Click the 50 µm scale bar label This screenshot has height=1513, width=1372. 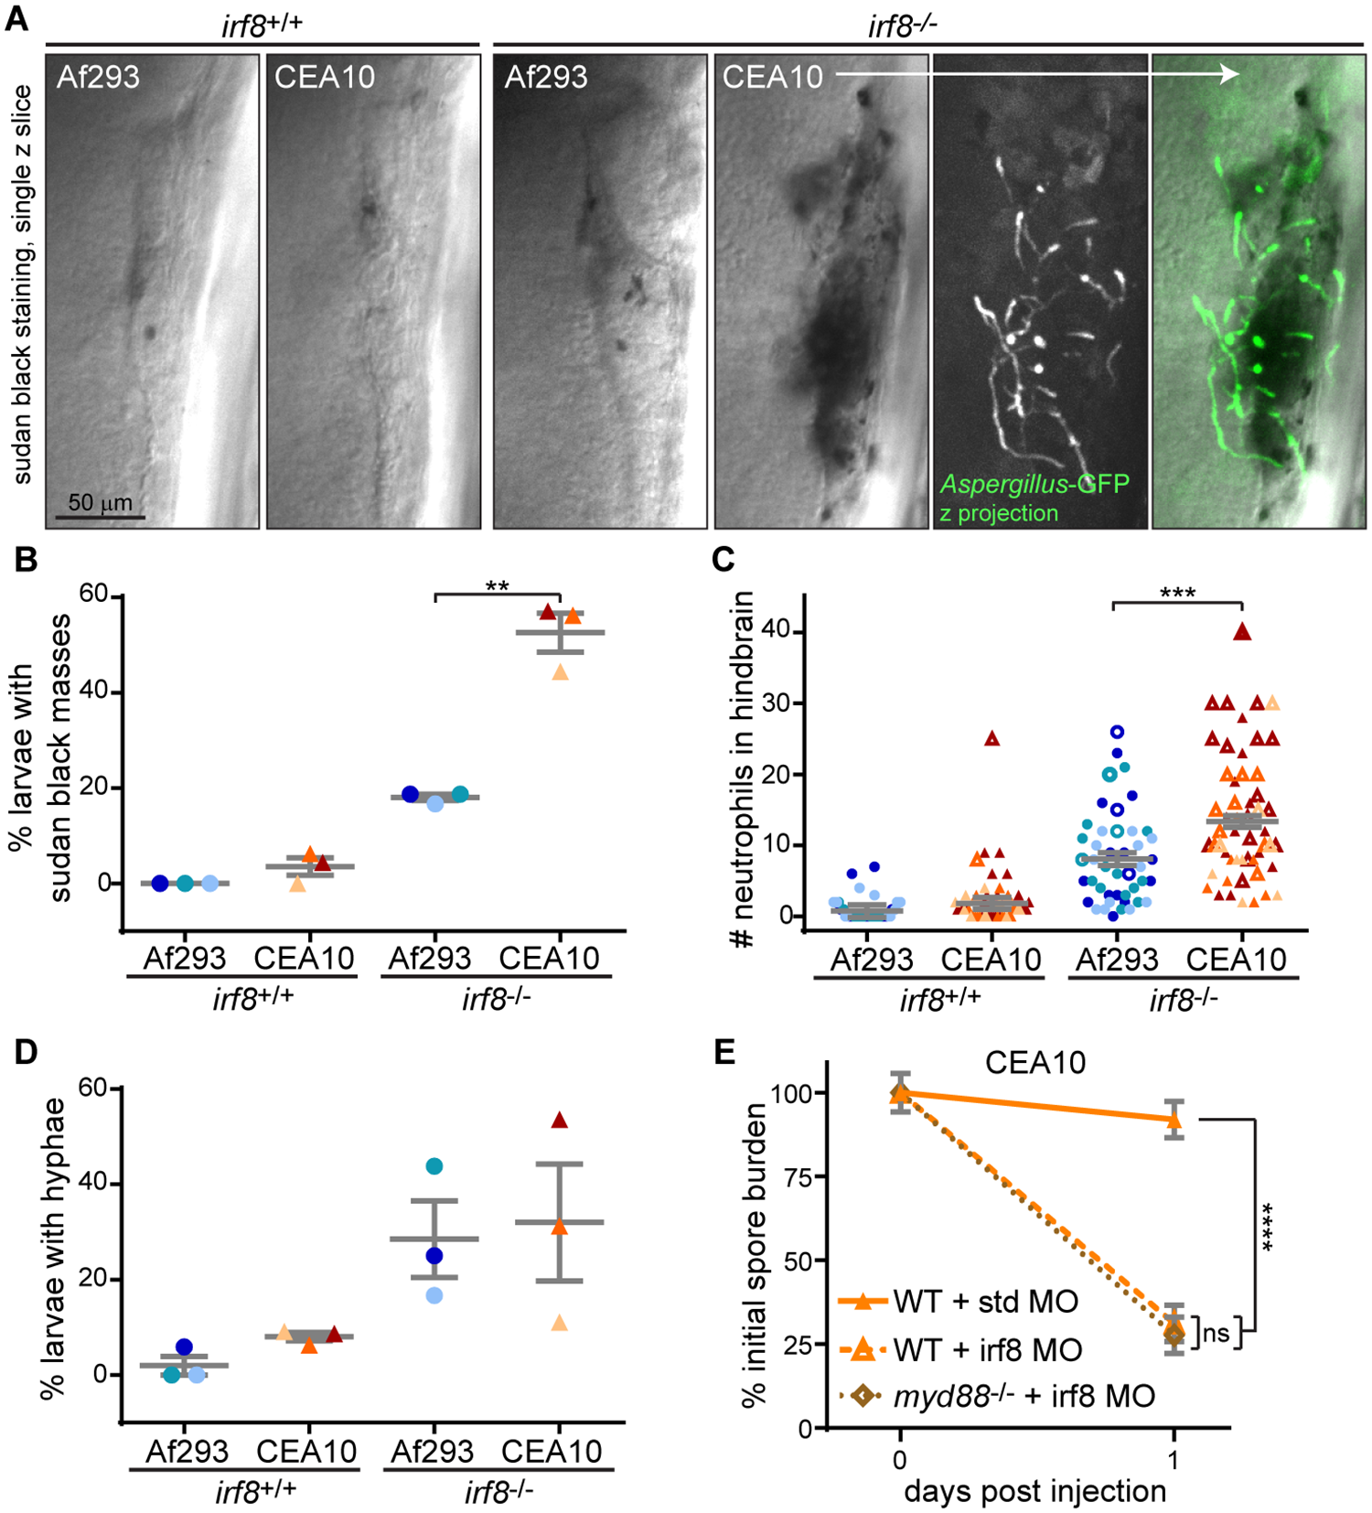tap(100, 502)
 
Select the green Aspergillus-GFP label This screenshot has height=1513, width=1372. tap(1034, 484)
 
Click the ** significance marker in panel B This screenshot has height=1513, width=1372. tap(497, 586)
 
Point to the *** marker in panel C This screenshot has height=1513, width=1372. tap(1177, 594)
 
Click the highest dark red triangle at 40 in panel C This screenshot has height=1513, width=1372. tap(1241, 631)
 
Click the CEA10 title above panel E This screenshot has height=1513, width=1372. tap(1034, 1062)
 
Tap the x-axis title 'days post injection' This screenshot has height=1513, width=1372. tap(1034, 1491)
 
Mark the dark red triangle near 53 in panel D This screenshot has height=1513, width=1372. tap(560, 1121)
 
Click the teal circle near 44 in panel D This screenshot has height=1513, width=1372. tap(434, 1166)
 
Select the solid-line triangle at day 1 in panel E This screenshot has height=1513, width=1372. tap(1174, 1119)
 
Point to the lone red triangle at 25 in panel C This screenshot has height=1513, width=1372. tap(991, 739)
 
